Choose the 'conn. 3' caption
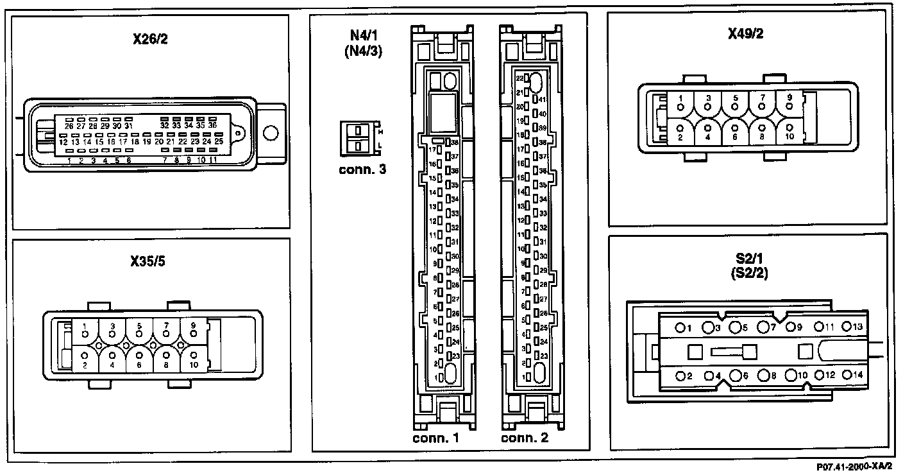(x=361, y=171)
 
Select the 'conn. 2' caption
(x=524, y=439)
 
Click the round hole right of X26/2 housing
(x=271, y=133)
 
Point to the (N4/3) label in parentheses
(x=363, y=53)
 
